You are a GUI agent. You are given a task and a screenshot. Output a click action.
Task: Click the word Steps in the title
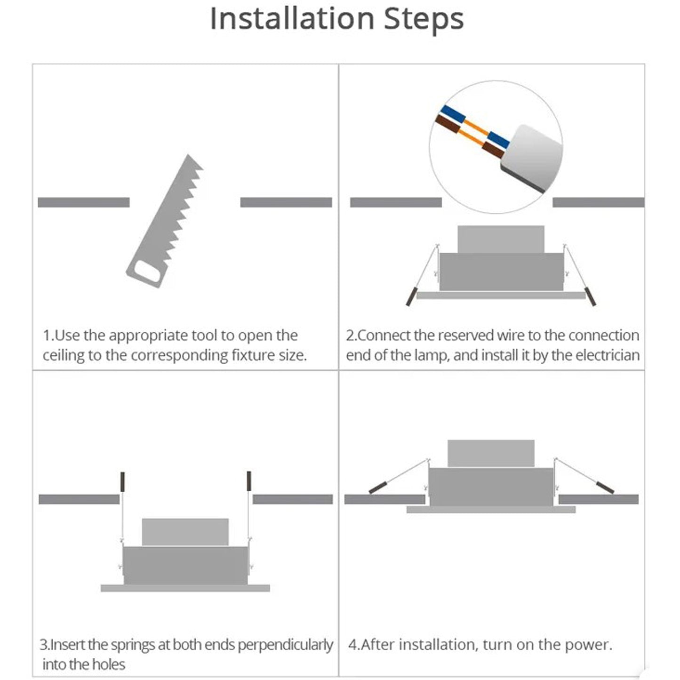[424, 20]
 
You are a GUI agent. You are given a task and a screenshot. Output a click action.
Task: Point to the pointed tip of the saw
[188, 155]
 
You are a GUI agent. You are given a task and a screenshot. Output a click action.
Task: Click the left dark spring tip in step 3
[122, 482]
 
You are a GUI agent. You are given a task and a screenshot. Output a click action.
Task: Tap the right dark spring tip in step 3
[249, 481]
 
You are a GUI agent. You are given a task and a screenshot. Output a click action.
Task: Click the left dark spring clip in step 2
[411, 296]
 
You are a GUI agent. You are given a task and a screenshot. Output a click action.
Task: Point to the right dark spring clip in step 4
[605, 488]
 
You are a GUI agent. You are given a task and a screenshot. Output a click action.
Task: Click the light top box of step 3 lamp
[185, 532]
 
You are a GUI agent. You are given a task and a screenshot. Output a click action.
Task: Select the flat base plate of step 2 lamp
[501, 296]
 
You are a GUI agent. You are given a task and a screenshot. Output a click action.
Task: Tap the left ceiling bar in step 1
[84, 202]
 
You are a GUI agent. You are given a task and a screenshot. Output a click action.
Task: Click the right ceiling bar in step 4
[599, 499]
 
